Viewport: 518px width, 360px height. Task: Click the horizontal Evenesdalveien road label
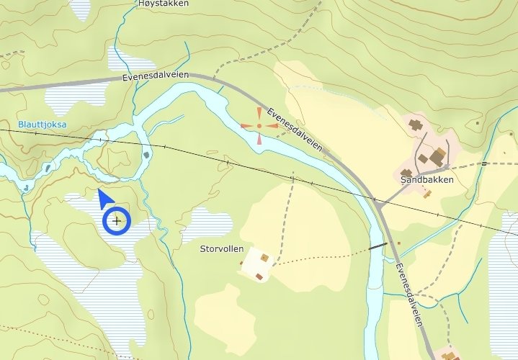[156, 76]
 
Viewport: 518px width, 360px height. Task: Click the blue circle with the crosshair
[116, 220]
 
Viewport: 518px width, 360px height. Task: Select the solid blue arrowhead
[106, 199]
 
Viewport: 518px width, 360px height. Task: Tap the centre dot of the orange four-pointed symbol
[259, 126]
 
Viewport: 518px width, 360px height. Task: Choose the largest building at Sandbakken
[437, 157]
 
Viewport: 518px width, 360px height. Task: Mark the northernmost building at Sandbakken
[416, 125]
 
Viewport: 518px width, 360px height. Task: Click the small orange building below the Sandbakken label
[427, 193]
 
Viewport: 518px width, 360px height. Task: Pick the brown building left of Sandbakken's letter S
[406, 173]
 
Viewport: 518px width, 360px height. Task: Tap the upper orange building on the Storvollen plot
[264, 257]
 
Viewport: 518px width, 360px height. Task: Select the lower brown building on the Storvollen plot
[259, 276]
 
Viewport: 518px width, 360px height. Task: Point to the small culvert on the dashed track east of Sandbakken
[485, 163]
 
